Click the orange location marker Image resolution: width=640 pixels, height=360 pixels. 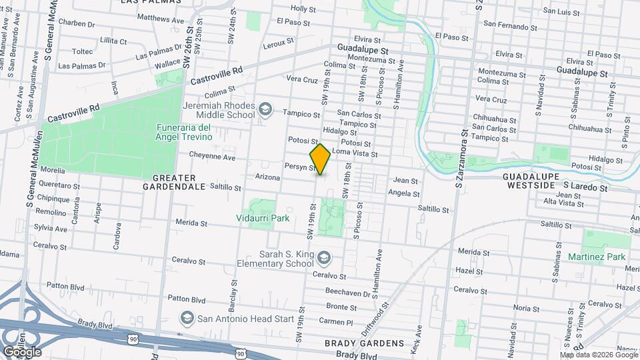pyautogui.click(x=321, y=159)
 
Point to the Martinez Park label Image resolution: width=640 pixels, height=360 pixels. pyautogui.click(x=597, y=257)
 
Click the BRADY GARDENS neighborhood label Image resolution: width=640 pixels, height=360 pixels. pyautogui.click(x=364, y=343)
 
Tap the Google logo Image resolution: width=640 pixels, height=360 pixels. pyautogui.click(x=21, y=351)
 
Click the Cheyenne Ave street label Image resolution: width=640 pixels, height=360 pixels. pyautogui.click(x=212, y=158)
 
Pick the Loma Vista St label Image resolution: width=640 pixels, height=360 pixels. pyautogui.click(x=355, y=154)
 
